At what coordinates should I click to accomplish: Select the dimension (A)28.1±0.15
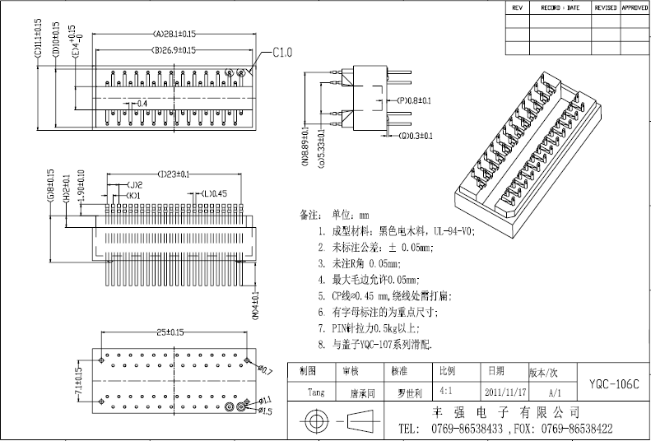point(174,35)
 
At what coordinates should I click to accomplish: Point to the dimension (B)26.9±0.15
point(173,51)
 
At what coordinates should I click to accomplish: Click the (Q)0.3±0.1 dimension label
point(416,136)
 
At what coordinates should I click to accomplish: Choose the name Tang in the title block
point(314,392)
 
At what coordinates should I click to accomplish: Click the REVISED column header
point(606,7)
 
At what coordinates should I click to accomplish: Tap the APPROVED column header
point(635,7)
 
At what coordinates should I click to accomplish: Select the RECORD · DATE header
point(560,7)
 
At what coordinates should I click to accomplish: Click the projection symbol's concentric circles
point(313,422)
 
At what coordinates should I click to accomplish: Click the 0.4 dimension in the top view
point(142,103)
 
